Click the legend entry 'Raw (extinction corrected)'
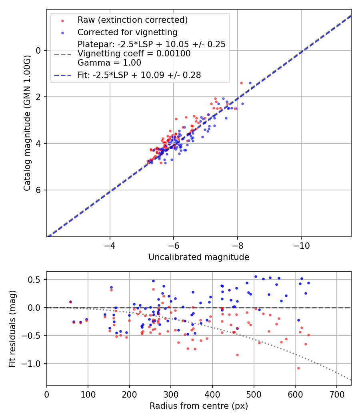132,20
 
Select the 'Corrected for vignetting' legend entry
128,32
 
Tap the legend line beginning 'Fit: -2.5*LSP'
139,75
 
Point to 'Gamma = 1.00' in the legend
109,62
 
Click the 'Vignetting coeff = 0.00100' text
134,54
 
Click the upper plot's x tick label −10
301,246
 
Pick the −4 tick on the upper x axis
110,246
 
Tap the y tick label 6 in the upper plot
38,190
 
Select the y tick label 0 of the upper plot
38,50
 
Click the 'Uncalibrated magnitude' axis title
199,257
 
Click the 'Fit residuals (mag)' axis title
12,328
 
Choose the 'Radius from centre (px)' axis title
199,406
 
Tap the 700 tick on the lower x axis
336,394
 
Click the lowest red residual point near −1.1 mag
298,368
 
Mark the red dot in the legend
62,20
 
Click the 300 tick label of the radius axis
171,394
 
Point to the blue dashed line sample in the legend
62,75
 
